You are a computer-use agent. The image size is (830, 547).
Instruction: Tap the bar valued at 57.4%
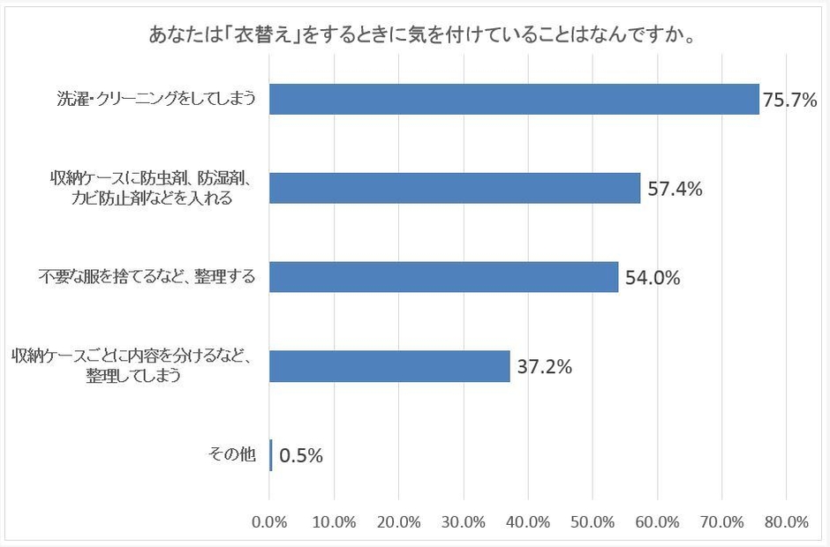point(455,188)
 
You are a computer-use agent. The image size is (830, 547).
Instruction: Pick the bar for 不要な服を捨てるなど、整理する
point(444,277)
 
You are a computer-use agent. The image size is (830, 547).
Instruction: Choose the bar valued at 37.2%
point(389,366)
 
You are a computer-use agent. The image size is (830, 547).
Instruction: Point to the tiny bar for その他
point(271,455)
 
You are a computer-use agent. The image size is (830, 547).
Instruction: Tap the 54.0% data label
point(653,278)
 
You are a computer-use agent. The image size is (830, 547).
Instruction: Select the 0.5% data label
point(301,456)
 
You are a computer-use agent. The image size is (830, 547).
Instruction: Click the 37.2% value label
point(544,367)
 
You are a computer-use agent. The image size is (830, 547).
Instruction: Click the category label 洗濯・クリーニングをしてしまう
point(151,100)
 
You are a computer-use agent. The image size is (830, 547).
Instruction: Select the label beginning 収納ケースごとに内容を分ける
point(133,366)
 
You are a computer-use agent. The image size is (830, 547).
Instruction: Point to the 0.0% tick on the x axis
point(269,521)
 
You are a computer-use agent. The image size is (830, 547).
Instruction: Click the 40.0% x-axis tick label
point(528,521)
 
